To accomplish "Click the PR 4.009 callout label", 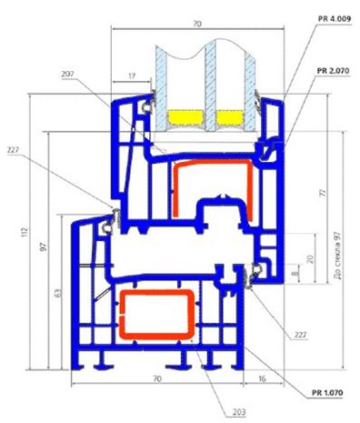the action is coord(335,19).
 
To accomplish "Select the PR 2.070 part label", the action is coord(333,71).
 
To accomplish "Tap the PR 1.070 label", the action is coord(327,393).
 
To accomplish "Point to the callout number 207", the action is coord(67,75).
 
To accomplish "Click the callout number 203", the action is coord(239,412).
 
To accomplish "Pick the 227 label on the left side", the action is coord(13,150).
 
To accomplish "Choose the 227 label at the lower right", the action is coord(301,335).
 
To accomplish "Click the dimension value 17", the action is coord(132,76).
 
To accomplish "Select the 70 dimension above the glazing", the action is coord(197,24).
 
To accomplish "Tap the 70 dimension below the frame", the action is coord(157,378).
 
